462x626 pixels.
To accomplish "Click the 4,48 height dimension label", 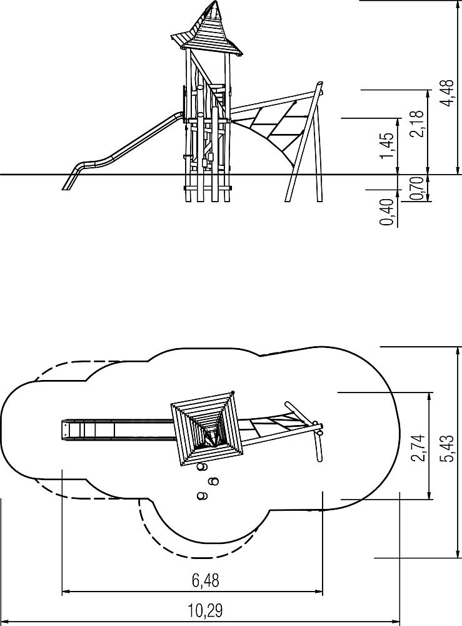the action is [x=447, y=93].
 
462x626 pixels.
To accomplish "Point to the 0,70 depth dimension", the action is [x=416, y=188].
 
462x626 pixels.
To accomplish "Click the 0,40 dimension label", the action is [x=387, y=212].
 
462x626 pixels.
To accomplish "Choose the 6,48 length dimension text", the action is [x=206, y=580].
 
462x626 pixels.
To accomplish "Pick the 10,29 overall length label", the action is [x=205, y=610].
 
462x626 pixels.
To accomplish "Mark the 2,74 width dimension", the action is [x=418, y=448].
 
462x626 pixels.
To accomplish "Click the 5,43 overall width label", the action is [x=447, y=448].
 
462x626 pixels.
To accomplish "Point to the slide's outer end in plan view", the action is [x=63, y=430].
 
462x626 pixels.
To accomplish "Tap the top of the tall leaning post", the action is [x=319, y=84].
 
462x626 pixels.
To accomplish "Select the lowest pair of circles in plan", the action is [x=202, y=496].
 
